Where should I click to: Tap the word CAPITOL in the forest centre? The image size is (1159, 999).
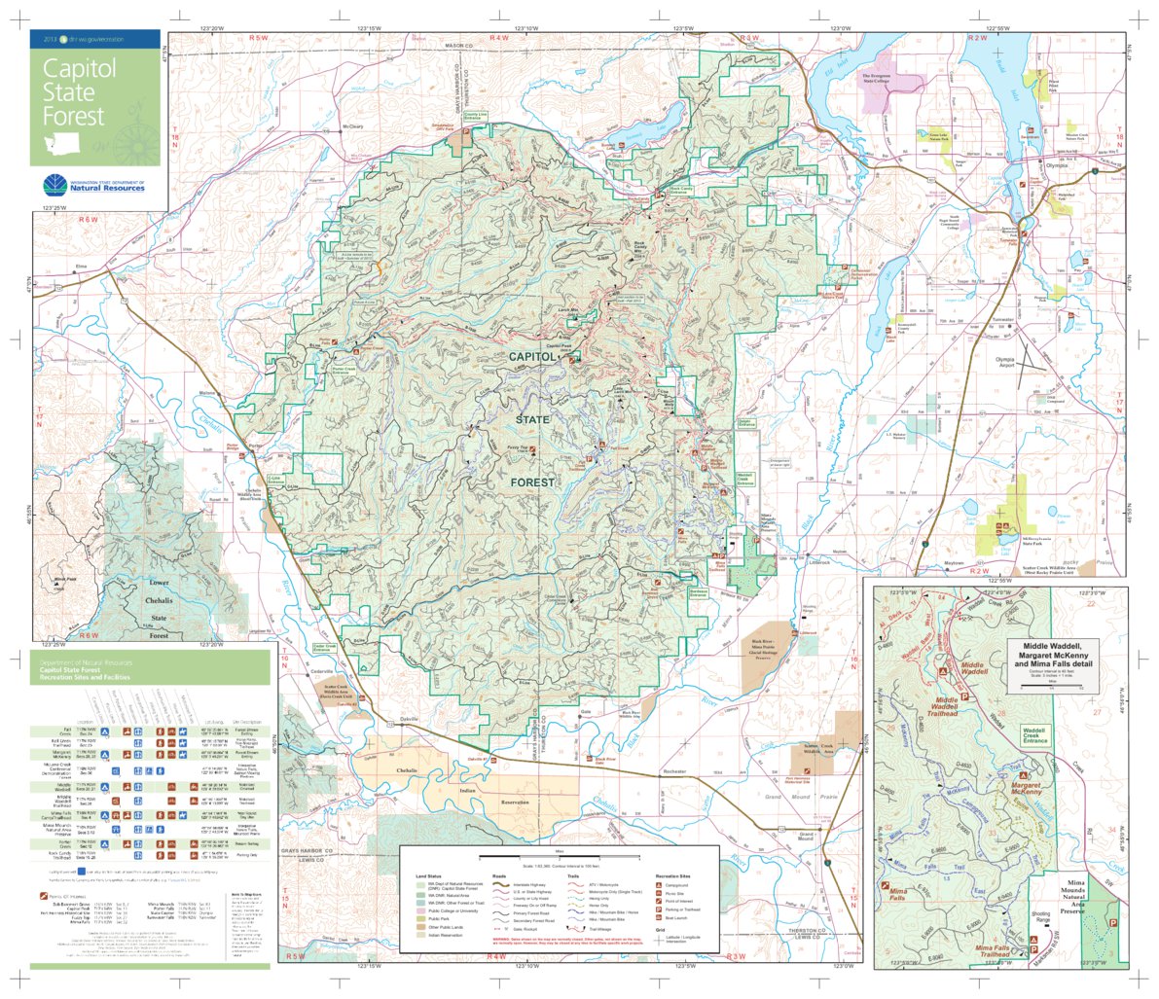534,358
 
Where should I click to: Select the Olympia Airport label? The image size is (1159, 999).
1012,362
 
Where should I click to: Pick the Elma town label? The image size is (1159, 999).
81,265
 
